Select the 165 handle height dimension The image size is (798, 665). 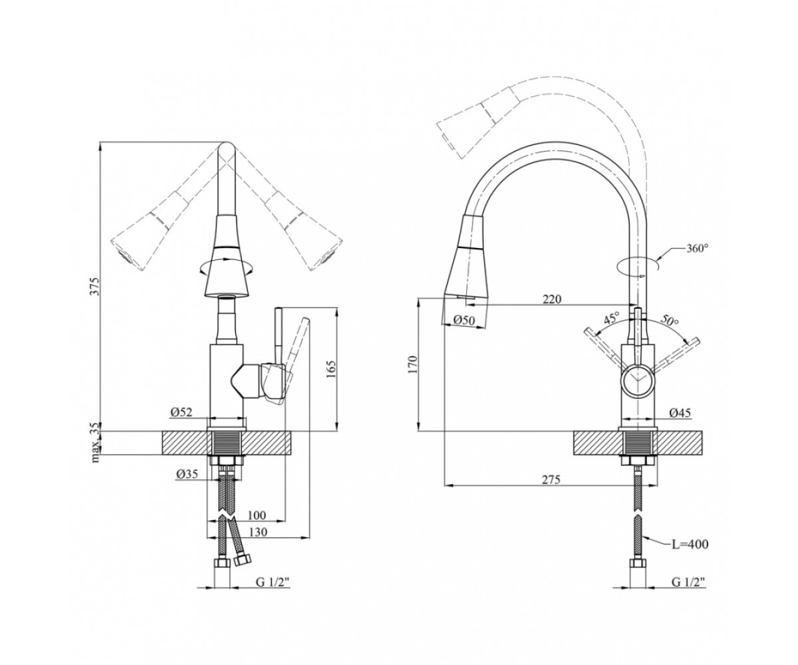(331, 370)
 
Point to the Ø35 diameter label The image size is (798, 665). (187, 474)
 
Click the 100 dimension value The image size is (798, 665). (257, 515)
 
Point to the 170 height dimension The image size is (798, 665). (412, 364)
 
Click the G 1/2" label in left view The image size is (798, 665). (273, 594)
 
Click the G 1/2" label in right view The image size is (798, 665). (688, 594)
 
